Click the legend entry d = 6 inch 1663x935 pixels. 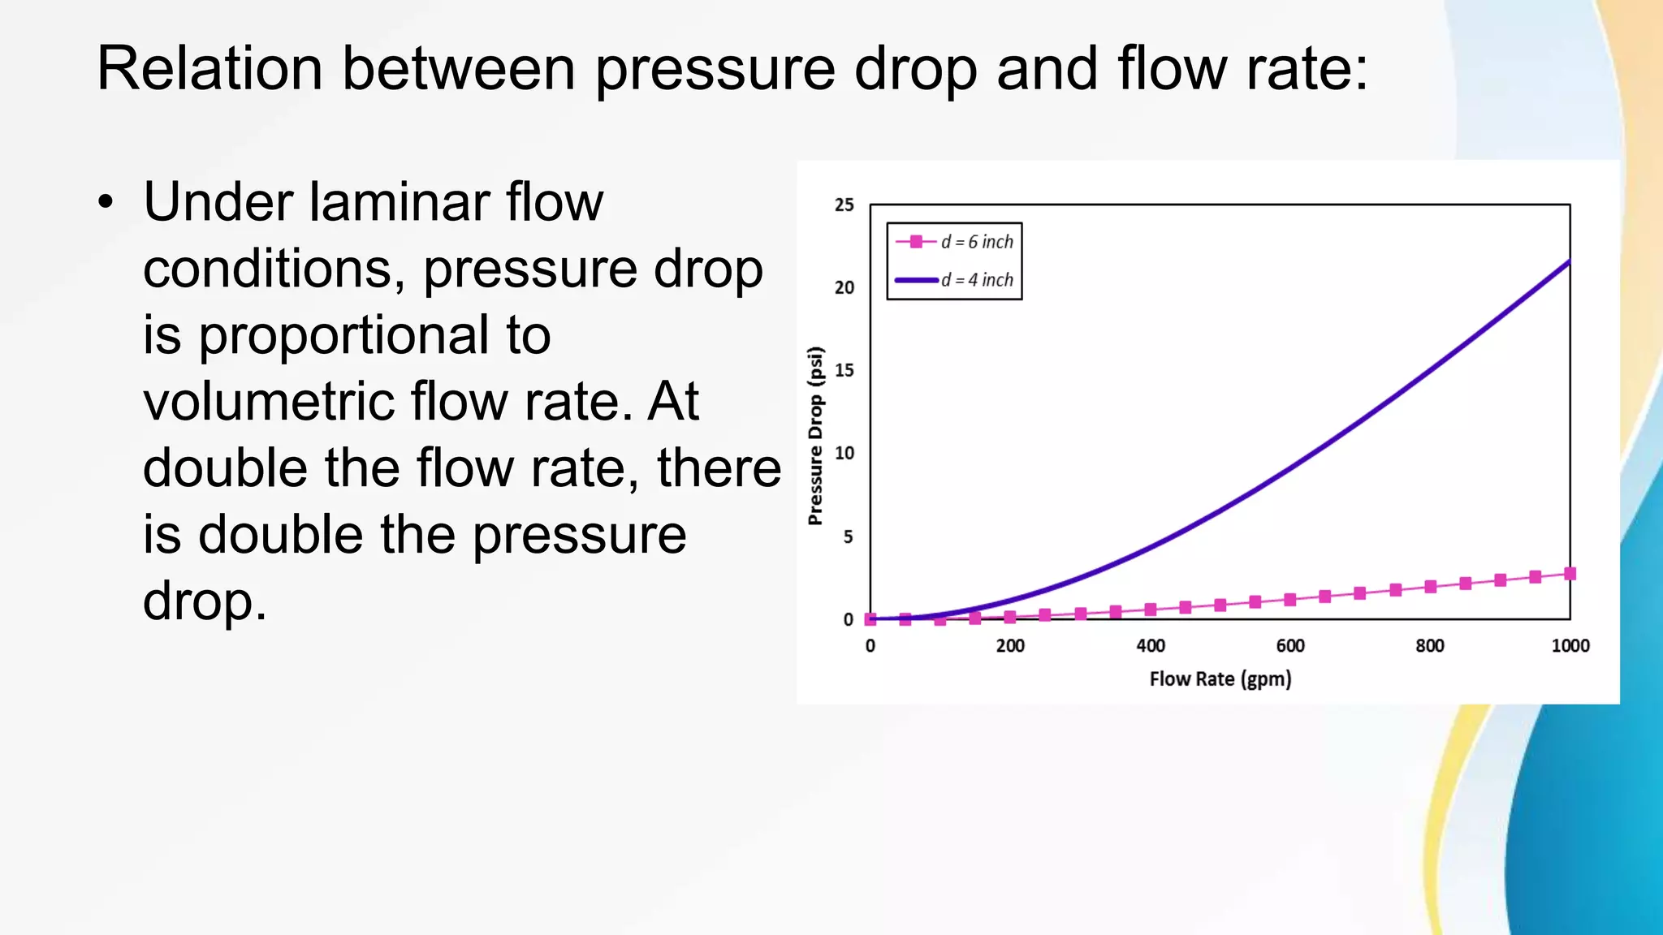coord(977,242)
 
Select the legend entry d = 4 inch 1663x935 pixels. coord(977,280)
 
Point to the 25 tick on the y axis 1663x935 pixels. coord(844,205)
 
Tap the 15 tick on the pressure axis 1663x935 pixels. coord(844,371)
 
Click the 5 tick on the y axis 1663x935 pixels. coord(848,536)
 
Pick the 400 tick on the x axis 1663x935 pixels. coord(1151,646)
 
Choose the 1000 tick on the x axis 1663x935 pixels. coord(1570,646)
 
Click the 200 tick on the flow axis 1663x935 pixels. coord(1010,646)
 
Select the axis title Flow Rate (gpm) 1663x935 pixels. coord(1220,679)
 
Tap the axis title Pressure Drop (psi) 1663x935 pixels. coord(816,436)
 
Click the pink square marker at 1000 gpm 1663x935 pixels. coord(1570,574)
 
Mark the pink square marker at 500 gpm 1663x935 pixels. coord(1220,605)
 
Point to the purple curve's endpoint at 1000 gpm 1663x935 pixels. coord(1569,261)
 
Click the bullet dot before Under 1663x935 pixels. coord(106,203)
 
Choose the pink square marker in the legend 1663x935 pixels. coord(916,242)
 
